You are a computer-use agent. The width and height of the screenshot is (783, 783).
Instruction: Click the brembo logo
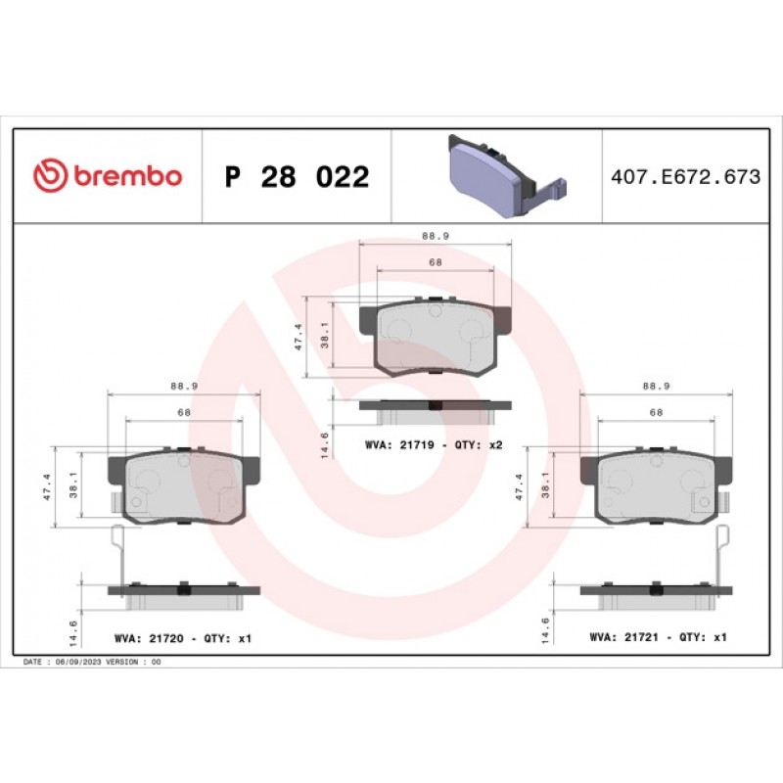tap(108, 176)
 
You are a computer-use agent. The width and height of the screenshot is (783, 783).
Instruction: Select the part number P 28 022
tap(297, 177)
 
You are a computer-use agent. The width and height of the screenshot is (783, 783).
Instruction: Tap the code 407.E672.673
tap(684, 177)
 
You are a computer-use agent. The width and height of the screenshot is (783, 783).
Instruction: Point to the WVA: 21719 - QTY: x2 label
tap(433, 444)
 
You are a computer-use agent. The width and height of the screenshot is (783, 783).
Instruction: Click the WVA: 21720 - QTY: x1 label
tap(183, 638)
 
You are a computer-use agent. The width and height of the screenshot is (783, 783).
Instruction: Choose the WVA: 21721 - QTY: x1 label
tap(658, 637)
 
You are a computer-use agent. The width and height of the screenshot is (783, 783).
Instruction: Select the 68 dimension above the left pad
tap(184, 413)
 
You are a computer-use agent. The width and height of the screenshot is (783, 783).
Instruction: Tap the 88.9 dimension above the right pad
tap(656, 387)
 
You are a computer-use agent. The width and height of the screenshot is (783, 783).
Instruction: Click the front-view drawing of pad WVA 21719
tap(436, 337)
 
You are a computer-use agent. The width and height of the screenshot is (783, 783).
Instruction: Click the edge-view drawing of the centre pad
tap(436, 405)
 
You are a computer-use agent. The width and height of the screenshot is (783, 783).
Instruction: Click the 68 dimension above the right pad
tap(656, 413)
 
